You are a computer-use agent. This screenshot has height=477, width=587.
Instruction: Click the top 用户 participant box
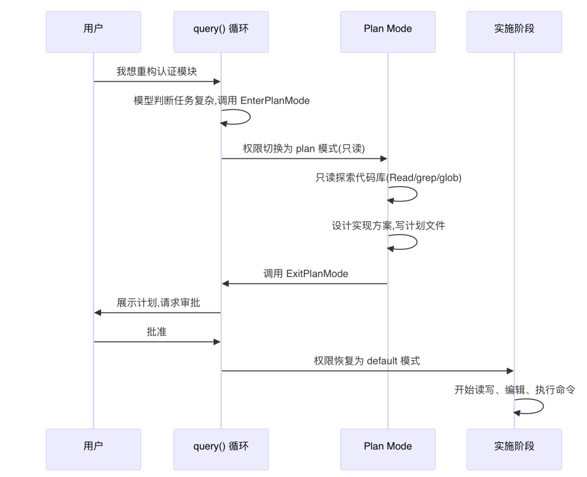93,32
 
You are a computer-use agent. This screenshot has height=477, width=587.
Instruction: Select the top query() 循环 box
221,32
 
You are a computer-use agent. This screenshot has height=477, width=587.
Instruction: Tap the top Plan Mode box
388,32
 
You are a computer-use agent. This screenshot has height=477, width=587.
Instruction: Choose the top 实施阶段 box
514,32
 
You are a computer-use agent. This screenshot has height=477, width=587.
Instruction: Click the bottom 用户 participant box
93,449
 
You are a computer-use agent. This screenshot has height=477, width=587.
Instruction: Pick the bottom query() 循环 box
221,449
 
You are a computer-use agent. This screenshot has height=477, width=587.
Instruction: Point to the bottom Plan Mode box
388,449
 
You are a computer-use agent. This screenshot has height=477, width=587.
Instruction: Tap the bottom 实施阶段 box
514,449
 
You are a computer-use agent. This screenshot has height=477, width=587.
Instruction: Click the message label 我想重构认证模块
157,72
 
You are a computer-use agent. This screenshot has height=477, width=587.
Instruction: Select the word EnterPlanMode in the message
275,101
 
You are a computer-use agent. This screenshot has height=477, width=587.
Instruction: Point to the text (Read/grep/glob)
423,178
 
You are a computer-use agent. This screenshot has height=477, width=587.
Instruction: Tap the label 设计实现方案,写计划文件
388,225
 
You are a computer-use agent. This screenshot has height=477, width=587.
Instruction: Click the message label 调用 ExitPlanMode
305,274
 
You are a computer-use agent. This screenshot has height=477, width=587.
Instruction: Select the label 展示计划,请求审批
158,303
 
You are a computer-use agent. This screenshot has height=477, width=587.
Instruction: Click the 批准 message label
157,332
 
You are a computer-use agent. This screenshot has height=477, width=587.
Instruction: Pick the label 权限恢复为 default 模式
366,361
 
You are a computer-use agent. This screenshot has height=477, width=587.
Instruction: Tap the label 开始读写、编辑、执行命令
514,390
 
